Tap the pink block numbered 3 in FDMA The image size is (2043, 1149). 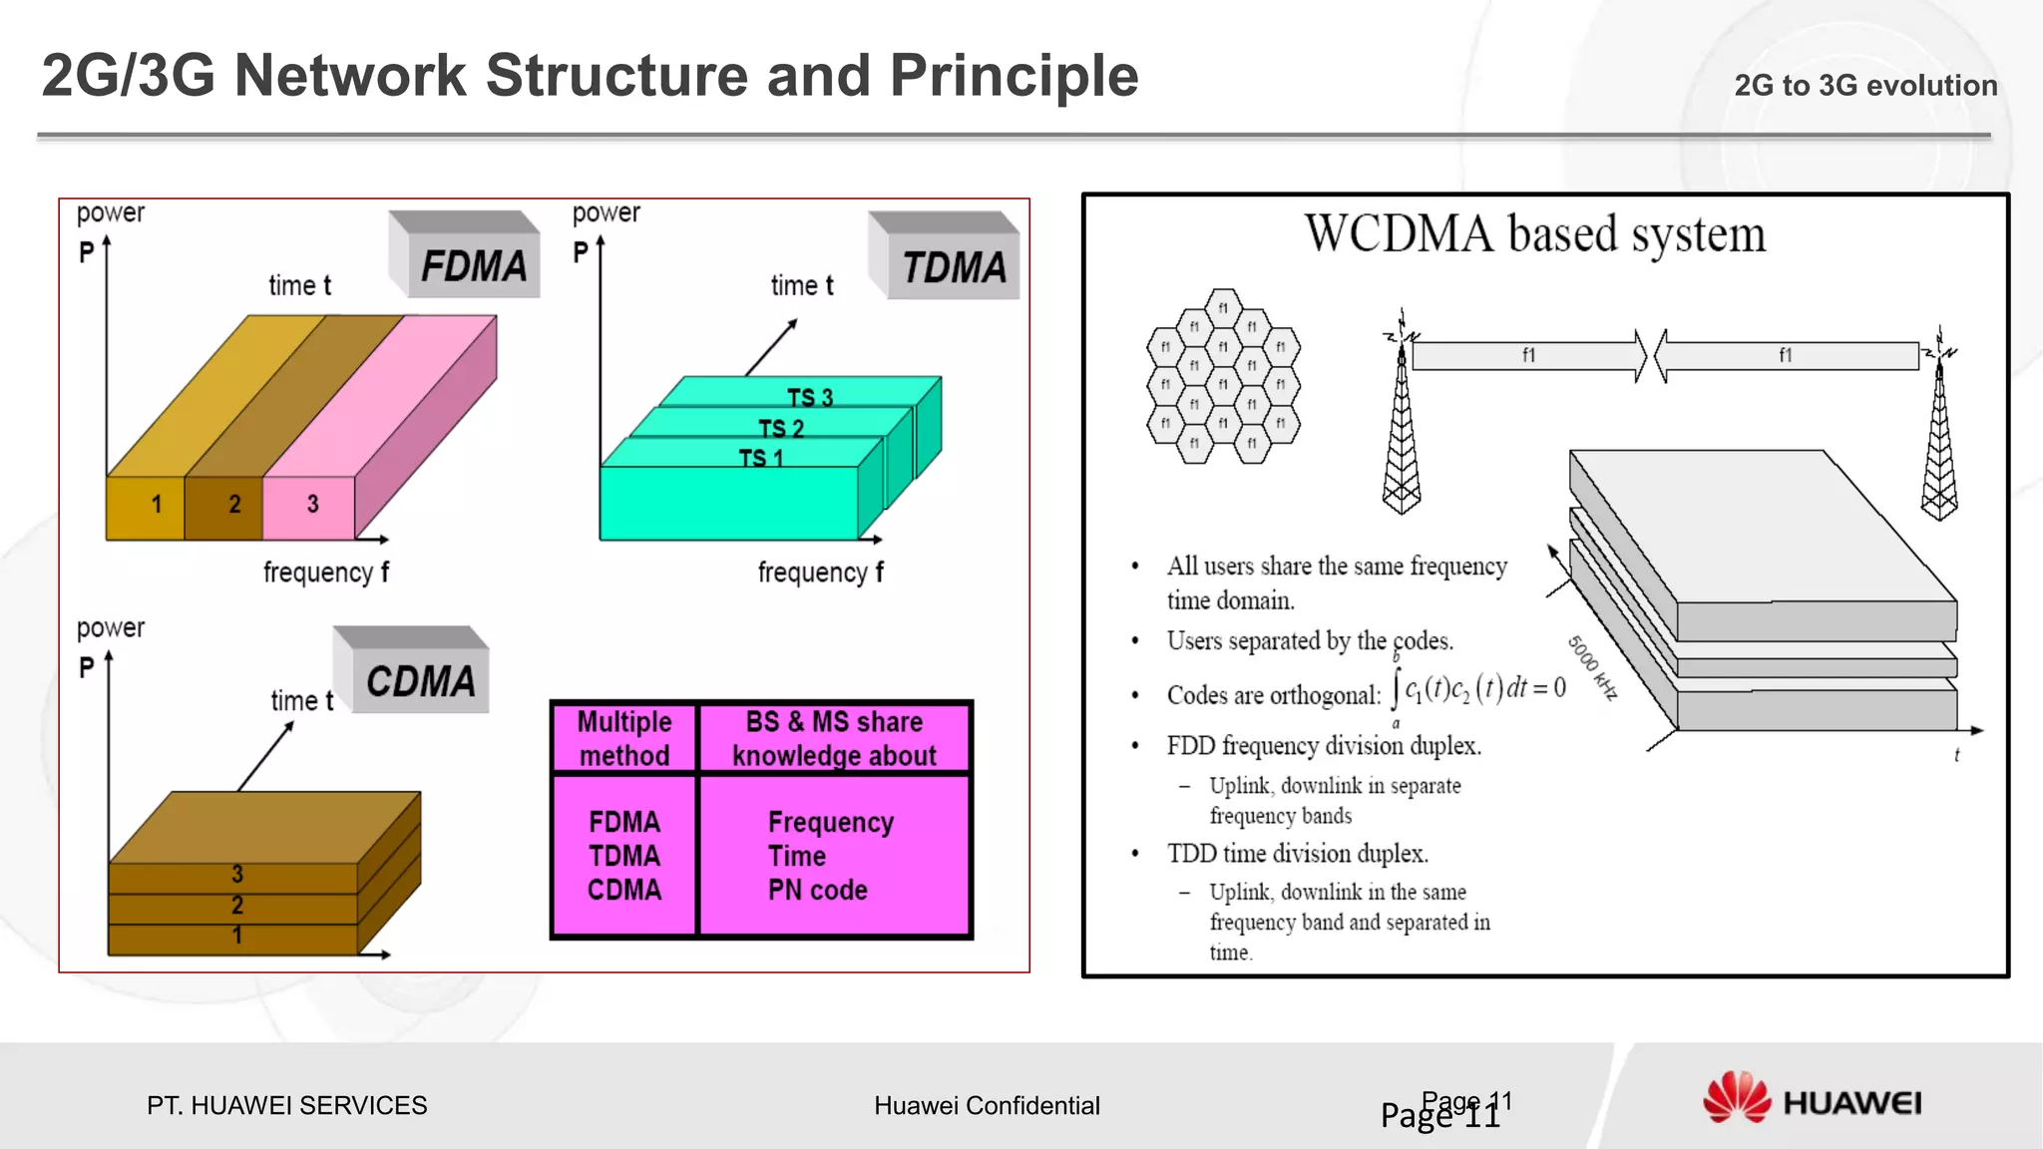pyautogui.click(x=311, y=505)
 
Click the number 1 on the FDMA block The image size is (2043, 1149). pyautogui.click(x=156, y=505)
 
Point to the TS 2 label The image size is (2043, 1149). pyautogui.click(x=780, y=429)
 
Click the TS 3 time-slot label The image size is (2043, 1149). pyautogui.click(x=809, y=398)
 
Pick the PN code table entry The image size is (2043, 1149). pyautogui.click(x=817, y=890)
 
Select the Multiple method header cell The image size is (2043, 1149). pyautogui.click(x=624, y=738)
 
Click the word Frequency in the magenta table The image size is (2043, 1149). pyautogui.click(x=830, y=822)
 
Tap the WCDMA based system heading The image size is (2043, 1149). pyautogui.click(x=1534, y=235)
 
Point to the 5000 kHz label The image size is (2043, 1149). pyautogui.click(x=1591, y=667)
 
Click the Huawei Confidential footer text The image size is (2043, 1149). pyautogui.click(x=987, y=1105)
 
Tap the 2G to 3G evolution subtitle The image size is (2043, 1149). pyautogui.click(x=1864, y=86)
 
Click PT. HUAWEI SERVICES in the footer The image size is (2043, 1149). pyautogui.click(x=286, y=1105)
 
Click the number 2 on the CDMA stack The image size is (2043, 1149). pyautogui.click(x=237, y=906)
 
